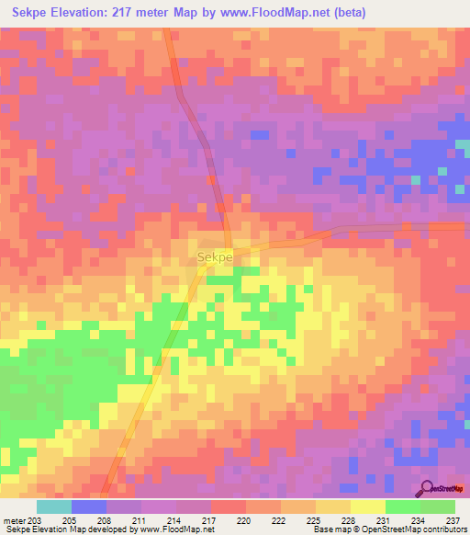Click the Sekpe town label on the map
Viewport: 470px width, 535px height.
[214, 258]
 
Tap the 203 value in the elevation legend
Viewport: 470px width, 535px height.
[34, 519]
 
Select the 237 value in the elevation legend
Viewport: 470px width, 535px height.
[452, 519]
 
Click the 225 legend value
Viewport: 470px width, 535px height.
[313, 519]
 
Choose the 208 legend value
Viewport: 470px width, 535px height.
[104, 519]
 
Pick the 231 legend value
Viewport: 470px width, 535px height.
[383, 519]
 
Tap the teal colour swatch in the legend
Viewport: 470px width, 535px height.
[54, 507]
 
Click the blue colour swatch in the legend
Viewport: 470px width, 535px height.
[89, 507]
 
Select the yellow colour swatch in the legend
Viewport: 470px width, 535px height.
[367, 507]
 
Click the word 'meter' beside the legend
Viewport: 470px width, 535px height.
[14, 519]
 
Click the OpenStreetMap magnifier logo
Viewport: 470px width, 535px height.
[427, 489]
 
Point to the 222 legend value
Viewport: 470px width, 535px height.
[277, 519]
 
